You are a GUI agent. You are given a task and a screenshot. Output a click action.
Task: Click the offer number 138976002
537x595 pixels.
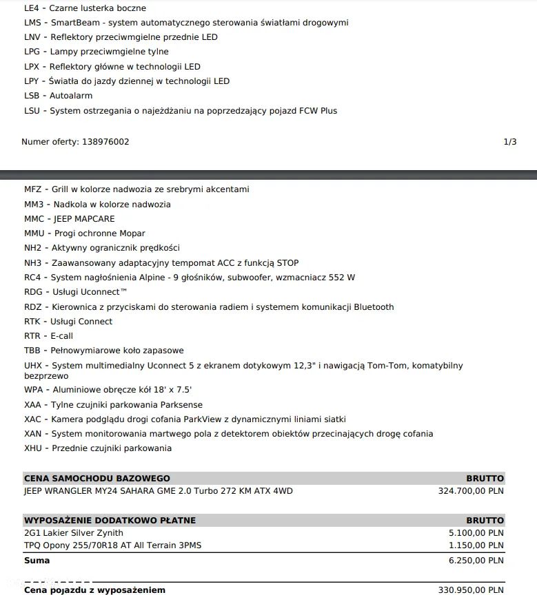pyautogui.click(x=105, y=142)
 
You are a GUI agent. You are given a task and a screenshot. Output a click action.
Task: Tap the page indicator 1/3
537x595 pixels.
pyautogui.click(x=510, y=142)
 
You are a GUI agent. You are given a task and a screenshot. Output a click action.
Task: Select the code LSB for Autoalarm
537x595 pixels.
pyautogui.click(x=32, y=96)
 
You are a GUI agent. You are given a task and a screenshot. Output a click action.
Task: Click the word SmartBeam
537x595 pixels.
pyautogui.click(x=73, y=23)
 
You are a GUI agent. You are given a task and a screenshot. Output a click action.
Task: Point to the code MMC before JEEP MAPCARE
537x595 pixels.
pyautogui.click(x=34, y=219)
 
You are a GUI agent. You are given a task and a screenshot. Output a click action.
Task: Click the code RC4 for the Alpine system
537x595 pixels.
pyautogui.click(x=32, y=278)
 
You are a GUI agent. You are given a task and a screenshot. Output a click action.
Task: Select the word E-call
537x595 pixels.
pyautogui.click(x=61, y=336)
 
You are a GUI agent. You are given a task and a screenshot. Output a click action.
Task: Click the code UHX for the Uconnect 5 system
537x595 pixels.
pyautogui.click(x=33, y=366)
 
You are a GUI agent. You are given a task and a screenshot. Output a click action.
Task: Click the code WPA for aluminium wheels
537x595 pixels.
pyautogui.click(x=33, y=390)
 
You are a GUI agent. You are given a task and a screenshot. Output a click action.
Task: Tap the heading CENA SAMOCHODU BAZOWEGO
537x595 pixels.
pyautogui.click(x=97, y=479)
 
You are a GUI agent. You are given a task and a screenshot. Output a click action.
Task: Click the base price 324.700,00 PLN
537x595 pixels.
pyautogui.click(x=471, y=491)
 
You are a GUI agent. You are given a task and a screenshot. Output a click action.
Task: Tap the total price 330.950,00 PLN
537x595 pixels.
pyautogui.click(x=471, y=590)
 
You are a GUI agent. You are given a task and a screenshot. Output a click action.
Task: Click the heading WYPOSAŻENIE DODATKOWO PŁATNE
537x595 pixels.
pyautogui.click(x=110, y=521)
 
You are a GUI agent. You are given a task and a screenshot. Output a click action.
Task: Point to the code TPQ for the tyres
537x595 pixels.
pyautogui.click(x=32, y=545)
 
